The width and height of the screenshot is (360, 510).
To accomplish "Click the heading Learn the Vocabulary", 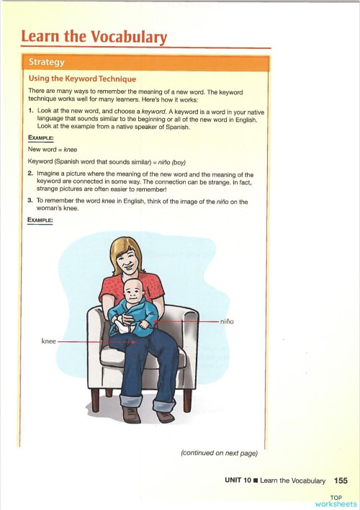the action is [x=94, y=37].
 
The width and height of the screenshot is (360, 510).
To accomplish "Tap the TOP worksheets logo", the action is [x=336, y=501].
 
